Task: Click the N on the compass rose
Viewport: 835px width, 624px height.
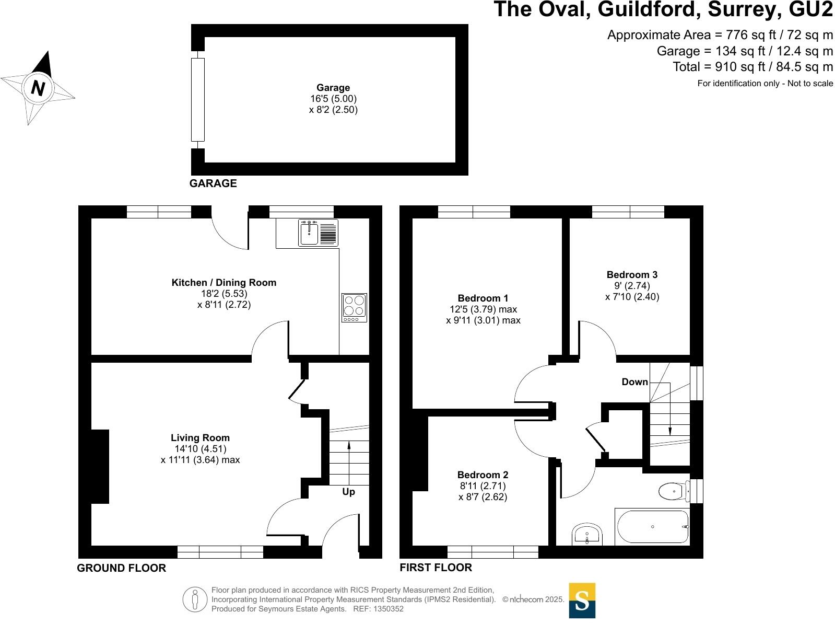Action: click(38, 88)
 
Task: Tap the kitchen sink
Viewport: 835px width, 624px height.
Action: click(309, 233)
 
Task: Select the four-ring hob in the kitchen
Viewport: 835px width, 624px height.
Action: click(354, 307)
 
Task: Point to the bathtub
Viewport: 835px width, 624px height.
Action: click(652, 527)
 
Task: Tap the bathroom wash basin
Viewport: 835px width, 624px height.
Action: click(587, 534)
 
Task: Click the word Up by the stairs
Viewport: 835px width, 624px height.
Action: click(348, 492)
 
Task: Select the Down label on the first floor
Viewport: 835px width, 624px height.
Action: click(634, 382)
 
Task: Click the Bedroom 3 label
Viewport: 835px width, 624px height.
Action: click(632, 274)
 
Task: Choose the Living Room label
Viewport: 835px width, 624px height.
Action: click(200, 438)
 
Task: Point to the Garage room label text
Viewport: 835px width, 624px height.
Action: click(333, 88)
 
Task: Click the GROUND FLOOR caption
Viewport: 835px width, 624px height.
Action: click(121, 568)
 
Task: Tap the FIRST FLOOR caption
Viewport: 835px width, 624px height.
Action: click(436, 568)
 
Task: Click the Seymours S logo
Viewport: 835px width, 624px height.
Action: click(582, 600)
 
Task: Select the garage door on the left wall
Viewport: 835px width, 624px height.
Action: click(197, 99)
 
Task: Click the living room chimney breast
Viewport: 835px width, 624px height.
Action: click(100, 466)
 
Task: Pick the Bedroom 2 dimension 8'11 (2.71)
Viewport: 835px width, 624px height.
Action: click(483, 486)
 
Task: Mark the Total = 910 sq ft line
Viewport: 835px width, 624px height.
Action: click(752, 67)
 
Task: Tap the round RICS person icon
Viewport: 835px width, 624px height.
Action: click(195, 599)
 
